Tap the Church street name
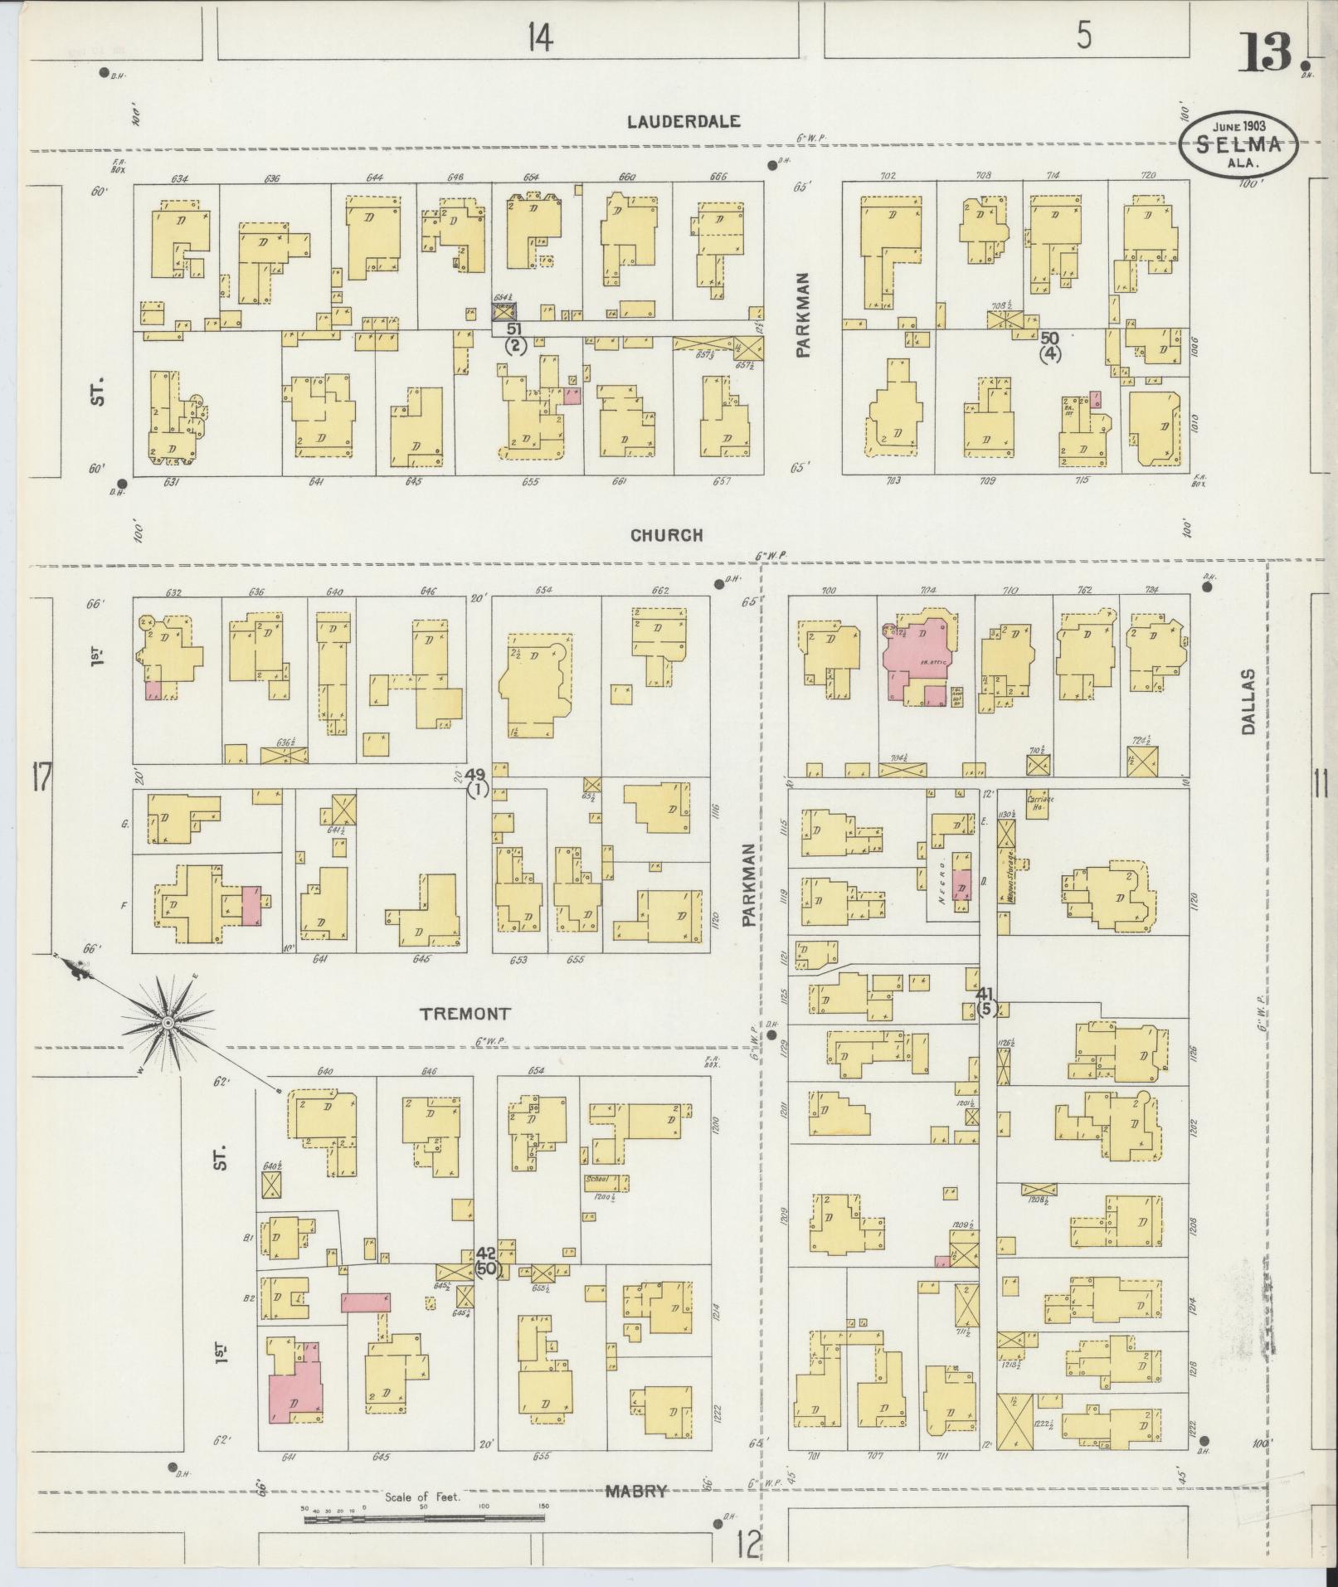click(666, 535)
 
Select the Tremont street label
click(464, 1013)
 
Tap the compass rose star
click(168, 1024)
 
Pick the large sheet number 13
click(1266, 51)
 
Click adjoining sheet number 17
click(39, 781)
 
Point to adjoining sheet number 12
click(747, 1545)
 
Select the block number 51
click(514, 329)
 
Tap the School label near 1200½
click(596, 1177)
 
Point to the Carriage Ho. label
click(1038, 802)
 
